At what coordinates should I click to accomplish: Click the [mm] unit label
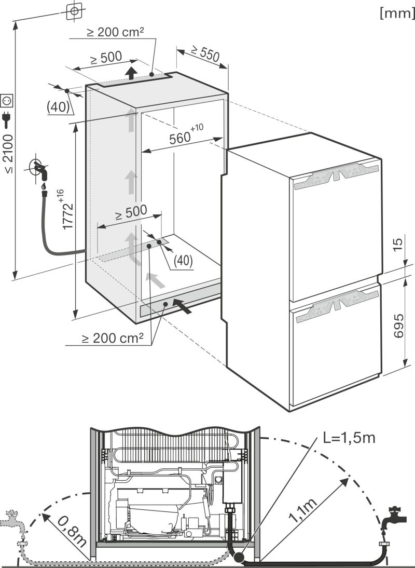point(397,13)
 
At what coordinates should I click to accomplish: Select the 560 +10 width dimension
point(184,137)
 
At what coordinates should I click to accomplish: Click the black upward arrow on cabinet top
point(133,72)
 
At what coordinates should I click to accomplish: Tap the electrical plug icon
point(7,120)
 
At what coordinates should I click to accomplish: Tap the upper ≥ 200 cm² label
point(115,32)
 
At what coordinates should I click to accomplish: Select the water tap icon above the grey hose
point(39,169)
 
